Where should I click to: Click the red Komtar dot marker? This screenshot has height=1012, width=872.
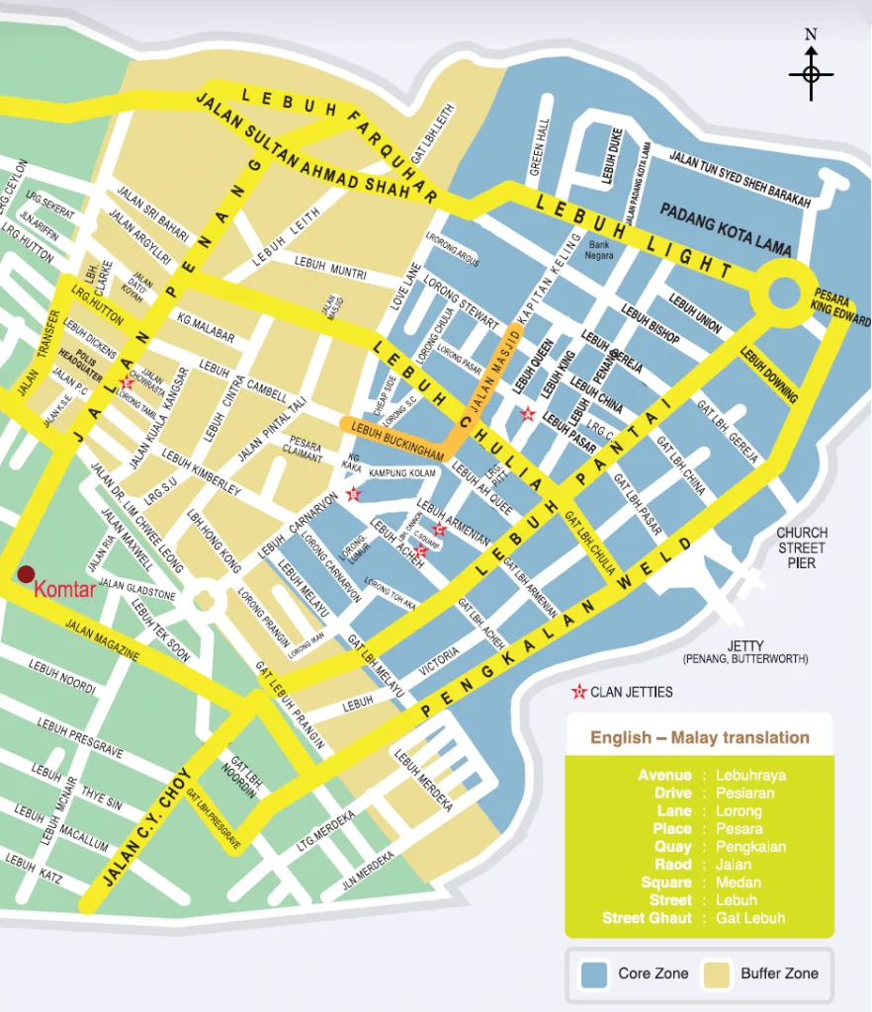(x=26, y=574)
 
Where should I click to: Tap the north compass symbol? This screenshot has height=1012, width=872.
(x=811, y=73)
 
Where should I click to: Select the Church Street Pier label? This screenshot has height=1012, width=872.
(x=802, y=548)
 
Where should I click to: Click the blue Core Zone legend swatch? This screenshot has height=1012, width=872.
(x=594, y=973)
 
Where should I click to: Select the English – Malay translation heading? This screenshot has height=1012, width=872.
(x=700, y=737)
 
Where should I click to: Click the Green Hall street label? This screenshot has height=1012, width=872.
(x=540, y=147)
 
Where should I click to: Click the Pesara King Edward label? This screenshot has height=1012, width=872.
(x=842, y=307)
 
